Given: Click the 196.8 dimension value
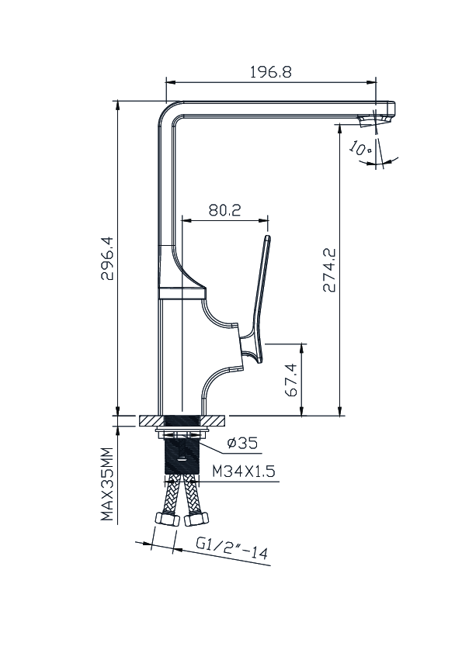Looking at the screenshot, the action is (271, 72).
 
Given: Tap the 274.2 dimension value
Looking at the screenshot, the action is (329, 270).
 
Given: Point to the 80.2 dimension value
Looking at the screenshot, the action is (225, 210).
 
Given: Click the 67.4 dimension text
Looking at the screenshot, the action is (292, 380).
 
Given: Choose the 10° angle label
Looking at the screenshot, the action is (360, 148).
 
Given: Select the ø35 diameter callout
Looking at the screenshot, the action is (243, 443).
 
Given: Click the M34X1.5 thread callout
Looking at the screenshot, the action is (244, 472).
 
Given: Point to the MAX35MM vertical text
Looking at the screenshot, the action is (107, 485).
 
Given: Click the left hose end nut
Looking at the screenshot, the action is (167, 520).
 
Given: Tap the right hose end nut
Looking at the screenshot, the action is (196, 519).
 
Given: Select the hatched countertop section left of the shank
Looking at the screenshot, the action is (151, 420).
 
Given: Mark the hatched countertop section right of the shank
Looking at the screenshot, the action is (214, 420).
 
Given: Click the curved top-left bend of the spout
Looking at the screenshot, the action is (166, 109).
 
